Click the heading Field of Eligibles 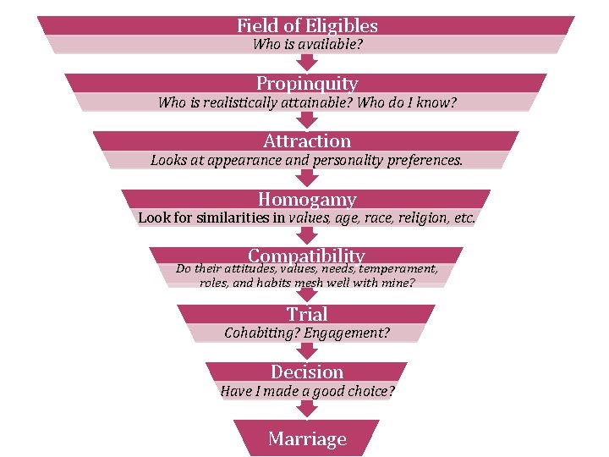(307, 25)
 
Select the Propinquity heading (307, 83)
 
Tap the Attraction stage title (307, 140)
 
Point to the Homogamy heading (307, 200)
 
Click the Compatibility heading (306, 255)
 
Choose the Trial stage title (306, 314)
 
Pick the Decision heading (307, 372)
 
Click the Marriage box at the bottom (307, 438)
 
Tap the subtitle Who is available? (307, 44)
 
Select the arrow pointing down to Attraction (307, 120)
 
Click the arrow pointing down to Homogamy (307, 178)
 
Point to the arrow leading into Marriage (307, 409)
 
